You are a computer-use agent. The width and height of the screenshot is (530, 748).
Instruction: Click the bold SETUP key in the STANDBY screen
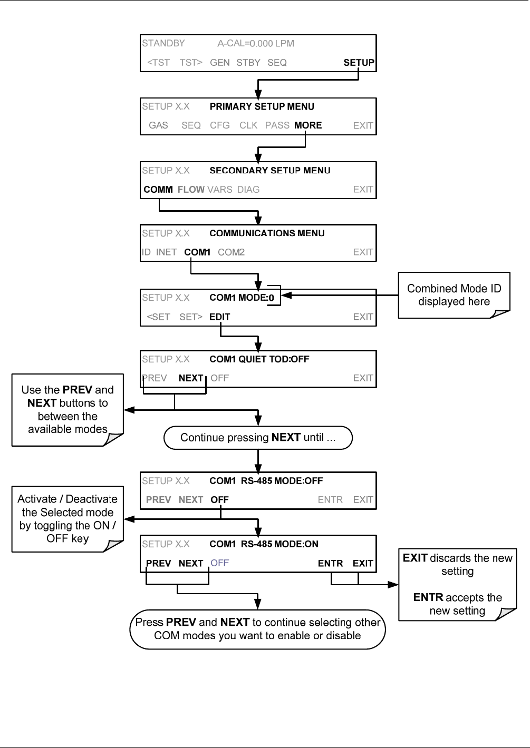(359, 63)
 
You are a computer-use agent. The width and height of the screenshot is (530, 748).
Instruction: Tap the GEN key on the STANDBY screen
(220, 63)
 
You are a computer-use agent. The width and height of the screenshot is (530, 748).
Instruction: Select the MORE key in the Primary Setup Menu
(308, 125)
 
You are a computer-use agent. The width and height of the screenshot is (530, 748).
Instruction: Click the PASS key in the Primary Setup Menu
(277, 125)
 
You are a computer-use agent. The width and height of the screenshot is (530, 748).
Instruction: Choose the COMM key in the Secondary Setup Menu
(158, 189)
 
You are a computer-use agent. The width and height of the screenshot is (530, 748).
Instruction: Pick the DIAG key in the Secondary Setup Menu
(248, 189)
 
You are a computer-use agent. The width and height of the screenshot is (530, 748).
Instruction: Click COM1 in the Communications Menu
(197, 252)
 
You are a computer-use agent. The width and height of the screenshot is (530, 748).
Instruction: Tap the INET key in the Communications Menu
(166, 252)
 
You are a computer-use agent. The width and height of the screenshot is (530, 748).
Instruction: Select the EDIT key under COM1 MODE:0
(220, 317)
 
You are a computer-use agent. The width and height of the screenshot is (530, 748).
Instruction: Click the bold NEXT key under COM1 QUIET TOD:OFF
(191, 378)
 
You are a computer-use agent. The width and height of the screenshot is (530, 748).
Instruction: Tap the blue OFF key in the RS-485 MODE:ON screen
(220, 563)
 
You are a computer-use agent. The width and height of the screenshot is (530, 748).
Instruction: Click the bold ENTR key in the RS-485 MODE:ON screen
(330, 563)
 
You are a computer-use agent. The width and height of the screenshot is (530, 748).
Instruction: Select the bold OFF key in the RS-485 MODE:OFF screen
(220, 500)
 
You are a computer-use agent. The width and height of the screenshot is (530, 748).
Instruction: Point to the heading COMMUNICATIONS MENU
(267, 233)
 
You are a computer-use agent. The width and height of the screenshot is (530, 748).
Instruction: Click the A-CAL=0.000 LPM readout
(256, 43)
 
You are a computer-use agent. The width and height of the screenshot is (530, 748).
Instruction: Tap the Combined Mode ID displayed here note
(454, 295)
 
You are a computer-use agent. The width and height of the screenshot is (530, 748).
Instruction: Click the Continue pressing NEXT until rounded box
(258, 437)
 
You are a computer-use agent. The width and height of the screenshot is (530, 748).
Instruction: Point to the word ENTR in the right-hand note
(428, 597)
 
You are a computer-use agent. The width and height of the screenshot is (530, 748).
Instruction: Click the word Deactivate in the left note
(92, 499)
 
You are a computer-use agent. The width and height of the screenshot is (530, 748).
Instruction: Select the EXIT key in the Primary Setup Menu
(363, 125)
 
